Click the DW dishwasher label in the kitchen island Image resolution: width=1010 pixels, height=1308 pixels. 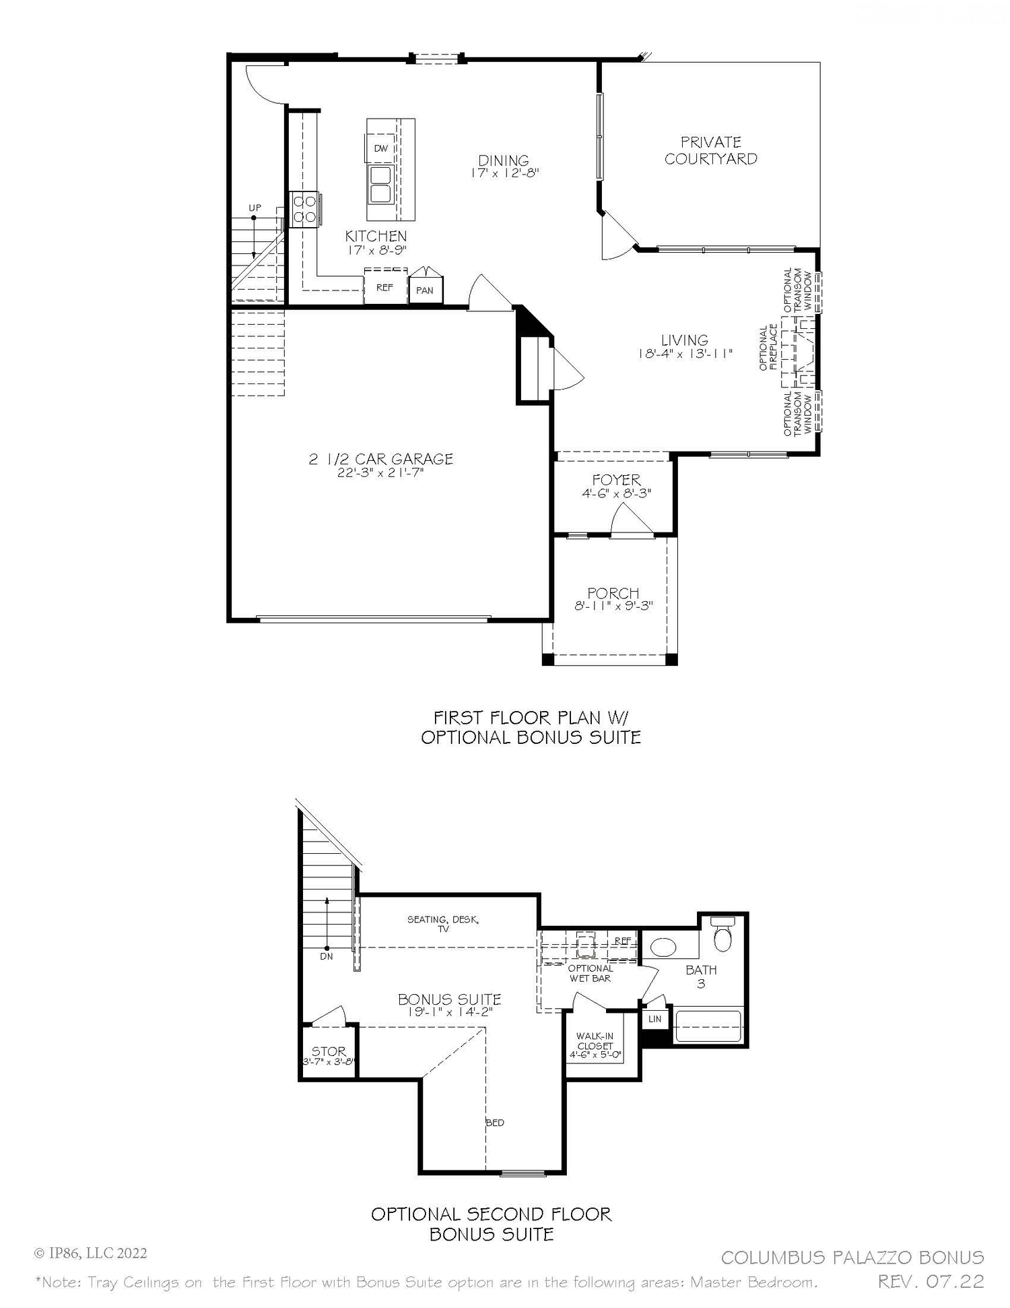point(381,148)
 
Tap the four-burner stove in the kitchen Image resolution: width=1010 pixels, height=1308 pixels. point(305,209)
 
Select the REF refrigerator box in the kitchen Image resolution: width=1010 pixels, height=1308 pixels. point(384,287)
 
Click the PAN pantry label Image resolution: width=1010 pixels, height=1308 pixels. point(425,290)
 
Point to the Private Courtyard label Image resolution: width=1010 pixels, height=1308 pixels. point(710,150)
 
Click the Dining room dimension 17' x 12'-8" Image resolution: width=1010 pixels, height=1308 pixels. point(504,173)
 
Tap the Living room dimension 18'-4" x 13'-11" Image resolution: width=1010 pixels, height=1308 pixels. point(684,354)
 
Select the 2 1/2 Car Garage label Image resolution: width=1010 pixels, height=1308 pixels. point(380,459)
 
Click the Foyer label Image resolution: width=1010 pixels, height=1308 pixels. point(616,480)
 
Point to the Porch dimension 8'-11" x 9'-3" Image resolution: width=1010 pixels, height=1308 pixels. point(613,606)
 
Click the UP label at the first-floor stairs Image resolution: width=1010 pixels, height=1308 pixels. point(255,208)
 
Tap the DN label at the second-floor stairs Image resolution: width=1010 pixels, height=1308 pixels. point(327,956)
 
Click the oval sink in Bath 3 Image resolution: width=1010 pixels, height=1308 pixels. point(664,948)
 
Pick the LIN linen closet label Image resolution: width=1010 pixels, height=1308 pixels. point(654,1019)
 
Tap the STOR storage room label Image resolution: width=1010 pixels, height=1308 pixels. point(329,1051)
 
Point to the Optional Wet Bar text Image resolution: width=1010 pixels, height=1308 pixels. point(590,973)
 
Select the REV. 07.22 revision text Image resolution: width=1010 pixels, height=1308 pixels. point(931,1281)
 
